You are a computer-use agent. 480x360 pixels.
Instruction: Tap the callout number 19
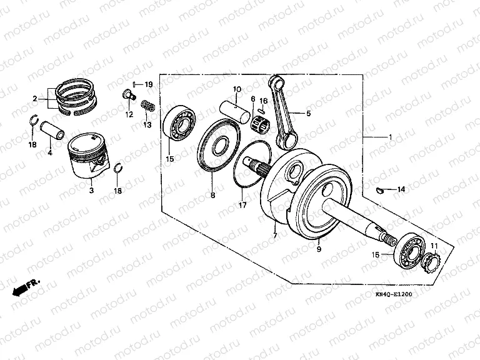[x=148, y=84]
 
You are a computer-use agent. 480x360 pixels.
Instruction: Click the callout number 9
[x=317, y=249]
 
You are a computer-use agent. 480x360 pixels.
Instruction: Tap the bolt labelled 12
[x=128, y=96]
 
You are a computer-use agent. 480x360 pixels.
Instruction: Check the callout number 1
[x=390, y=137]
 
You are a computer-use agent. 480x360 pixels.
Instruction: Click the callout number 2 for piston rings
[x=36, y=98]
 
